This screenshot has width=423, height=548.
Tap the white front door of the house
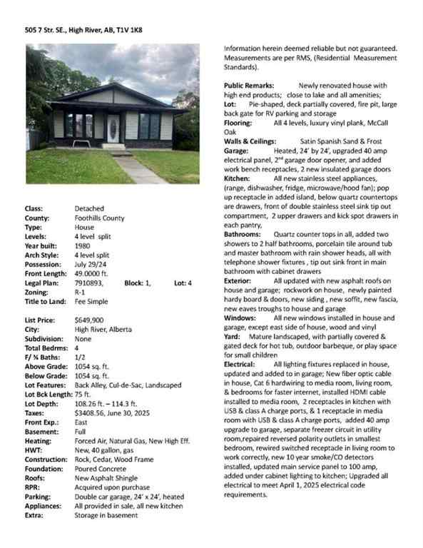(x=113, y=128)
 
